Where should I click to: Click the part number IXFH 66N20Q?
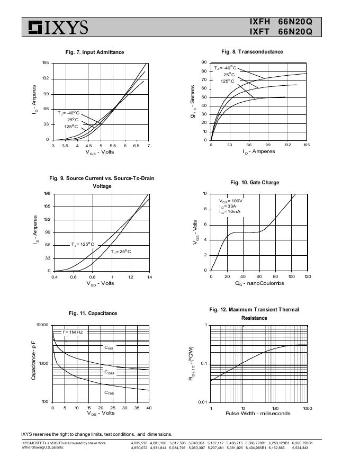[281, 22]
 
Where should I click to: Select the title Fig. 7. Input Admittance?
[94, 52]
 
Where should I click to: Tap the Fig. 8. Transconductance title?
[252, 52]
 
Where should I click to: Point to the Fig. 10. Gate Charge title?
[255, 183]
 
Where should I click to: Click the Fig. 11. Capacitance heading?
[93, 313]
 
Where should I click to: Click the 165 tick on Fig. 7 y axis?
[46, 64]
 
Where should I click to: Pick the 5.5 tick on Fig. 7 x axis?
[113, 146]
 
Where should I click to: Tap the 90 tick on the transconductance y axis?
[204, 62]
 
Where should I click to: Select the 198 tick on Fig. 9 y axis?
[47, 194]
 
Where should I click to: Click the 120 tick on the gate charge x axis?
[308, 277]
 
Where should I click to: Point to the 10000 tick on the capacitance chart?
[42, 325]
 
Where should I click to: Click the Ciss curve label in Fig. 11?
[109, 348]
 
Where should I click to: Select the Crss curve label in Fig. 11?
[109, 393]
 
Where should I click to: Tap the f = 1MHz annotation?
[73, 333]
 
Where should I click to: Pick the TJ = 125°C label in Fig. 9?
[83, 245]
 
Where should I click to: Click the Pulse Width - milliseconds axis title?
[258, 414]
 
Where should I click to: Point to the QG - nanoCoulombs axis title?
[259, 283]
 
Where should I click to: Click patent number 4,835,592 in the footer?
[139, 443]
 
